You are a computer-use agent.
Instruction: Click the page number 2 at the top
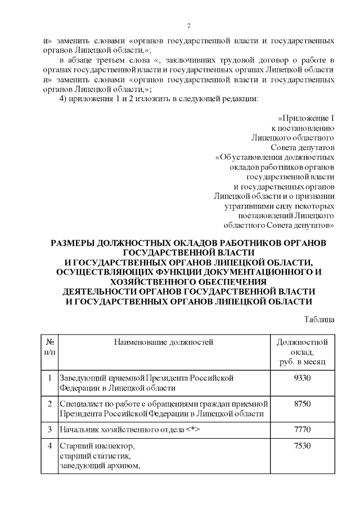click(x=189, y=26)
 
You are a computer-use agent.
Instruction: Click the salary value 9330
click(x=302, y=377)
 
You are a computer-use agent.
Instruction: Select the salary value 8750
click(x=302, y=404)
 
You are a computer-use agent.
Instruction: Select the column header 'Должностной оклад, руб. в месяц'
click(x=302, y=352)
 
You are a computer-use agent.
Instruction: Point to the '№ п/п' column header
click(x=50, y=346)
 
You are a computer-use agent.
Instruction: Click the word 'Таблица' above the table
click(x=319, y=319)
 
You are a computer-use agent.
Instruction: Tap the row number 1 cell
click(x=50, y=377)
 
